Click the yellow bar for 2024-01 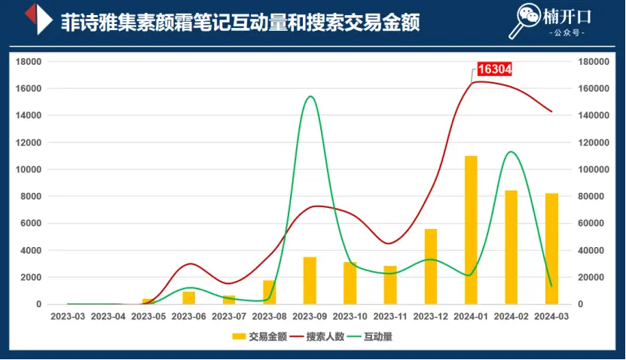[x=471, y=230]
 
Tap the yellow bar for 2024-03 [x=551, y=249]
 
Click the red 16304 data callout [x=495, y=69]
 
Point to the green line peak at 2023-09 [x=310, y=96]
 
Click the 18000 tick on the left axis [x=27, y=62]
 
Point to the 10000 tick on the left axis [x=27, y=169]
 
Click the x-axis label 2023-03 [x=68, y=317]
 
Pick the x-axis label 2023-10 [x=350, y=317]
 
